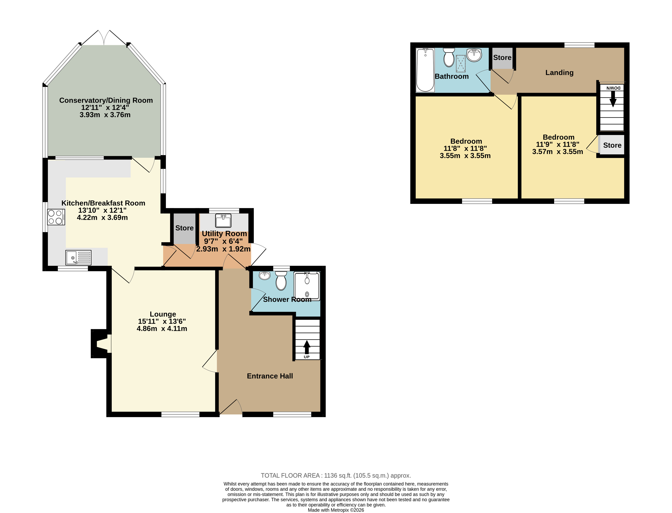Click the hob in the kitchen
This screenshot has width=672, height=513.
pos(56,217)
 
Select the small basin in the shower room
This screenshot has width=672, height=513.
pos(265,275)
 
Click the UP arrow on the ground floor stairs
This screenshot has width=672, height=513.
pos(307,347)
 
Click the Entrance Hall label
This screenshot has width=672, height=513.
pos(270,376)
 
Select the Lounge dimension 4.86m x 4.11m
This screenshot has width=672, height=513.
pos(162,328)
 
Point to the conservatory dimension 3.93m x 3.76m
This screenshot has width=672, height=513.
pos(105,115)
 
